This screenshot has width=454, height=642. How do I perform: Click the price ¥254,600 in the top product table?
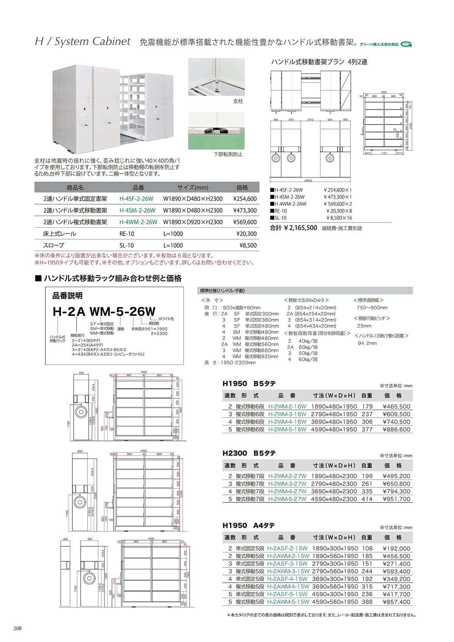245,199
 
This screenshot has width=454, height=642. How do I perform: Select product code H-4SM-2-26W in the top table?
137,210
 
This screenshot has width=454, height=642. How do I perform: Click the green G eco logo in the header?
406,44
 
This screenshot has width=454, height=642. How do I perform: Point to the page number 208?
17,628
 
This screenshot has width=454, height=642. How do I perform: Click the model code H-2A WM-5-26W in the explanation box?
104,311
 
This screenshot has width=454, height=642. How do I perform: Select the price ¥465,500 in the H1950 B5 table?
396,406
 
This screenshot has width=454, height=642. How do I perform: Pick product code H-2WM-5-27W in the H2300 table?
287,499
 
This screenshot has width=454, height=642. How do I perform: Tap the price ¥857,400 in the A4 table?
396,602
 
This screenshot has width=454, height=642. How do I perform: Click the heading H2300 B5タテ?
249,453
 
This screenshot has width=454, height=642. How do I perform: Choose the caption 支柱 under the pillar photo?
238,101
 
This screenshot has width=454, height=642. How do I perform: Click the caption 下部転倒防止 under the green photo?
228,154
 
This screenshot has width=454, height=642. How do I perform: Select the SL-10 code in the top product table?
127,245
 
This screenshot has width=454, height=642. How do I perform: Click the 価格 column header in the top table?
242,187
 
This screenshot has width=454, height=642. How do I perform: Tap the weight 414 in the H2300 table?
367,499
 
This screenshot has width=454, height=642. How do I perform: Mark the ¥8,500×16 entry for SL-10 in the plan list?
339,218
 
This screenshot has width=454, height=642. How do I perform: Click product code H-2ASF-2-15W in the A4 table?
288,548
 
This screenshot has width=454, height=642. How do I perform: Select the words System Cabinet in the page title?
92,41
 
